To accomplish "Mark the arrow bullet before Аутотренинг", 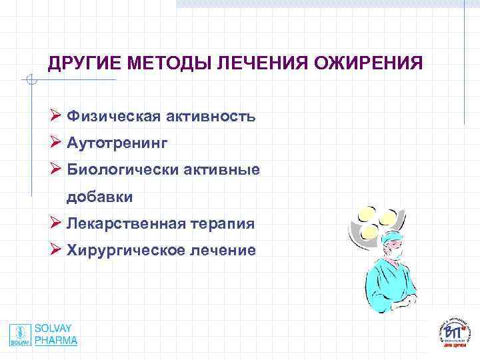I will point(55,143).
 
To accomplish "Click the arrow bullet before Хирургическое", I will point(55,250).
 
